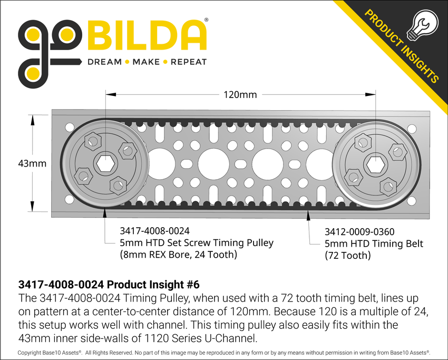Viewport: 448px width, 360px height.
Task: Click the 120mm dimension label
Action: pos(240,95)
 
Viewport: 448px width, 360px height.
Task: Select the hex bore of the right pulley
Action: pos(375,164)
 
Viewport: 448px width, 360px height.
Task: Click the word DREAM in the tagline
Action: pos(104,62)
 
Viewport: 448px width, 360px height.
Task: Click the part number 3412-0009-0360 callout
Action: pos(360,231)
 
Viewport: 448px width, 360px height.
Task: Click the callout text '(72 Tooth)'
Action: pos(347,256)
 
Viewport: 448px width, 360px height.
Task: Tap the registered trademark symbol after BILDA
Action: pos(206,20)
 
